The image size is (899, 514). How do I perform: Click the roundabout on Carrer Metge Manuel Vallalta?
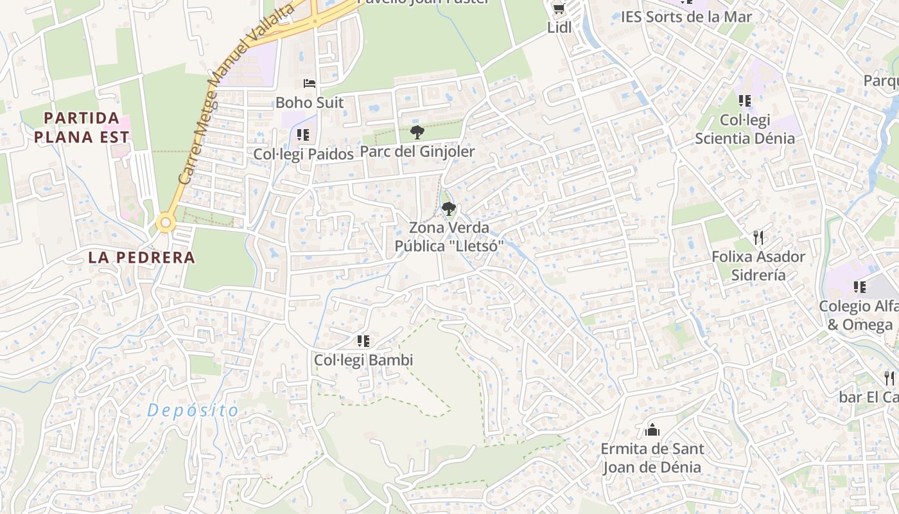[x=166, y=223]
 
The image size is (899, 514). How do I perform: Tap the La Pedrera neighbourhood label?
[x=141, y=258]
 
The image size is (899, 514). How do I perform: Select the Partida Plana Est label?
[x=82, y=127]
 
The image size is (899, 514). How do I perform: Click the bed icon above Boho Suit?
[x=310, y=84]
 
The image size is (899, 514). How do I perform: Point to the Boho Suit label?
[x=310, y=102]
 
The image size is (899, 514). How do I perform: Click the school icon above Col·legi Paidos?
[x=303, y=135]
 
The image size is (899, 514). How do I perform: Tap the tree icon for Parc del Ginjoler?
[x=417, y=132]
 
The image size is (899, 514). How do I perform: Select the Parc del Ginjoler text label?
[x=417, y=152]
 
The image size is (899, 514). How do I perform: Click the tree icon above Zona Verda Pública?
[x=448, y=208]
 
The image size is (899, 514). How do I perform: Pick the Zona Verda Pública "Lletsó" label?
[x=448, y=236]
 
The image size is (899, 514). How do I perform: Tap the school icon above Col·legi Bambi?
[x=363, y=341]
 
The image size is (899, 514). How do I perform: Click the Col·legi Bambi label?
[x=363, y=360]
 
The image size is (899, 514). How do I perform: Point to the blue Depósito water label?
[x=193, y=411]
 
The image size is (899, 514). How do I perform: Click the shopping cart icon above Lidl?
[x=559, y=8]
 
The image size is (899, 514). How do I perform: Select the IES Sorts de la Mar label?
[x=686, y=17]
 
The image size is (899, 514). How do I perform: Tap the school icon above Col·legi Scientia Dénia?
[x=744, y=101]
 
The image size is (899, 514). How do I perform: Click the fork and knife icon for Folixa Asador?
[x=758, y=238]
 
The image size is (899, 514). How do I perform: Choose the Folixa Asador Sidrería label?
[x=758, y=265]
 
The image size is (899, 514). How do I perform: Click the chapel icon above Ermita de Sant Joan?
[x=652, y=429]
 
